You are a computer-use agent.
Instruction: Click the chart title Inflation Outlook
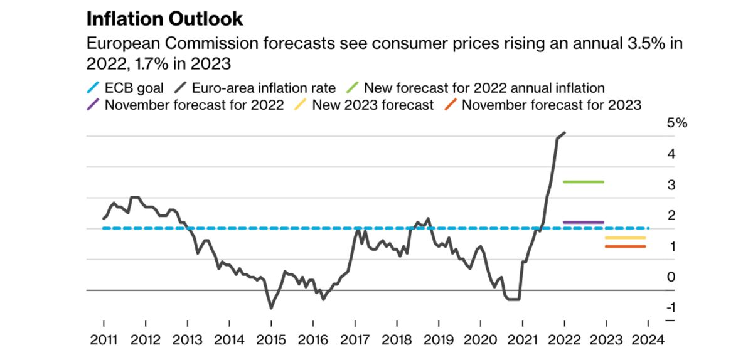coord(164,19)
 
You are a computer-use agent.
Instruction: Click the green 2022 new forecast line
coord(583,182)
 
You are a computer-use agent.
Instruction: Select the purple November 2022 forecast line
coord(583,222)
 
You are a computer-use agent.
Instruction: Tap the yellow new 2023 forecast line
coord(625,238)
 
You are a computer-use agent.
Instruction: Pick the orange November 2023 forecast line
coord(625,246)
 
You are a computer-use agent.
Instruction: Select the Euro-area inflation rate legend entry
coord(264,88)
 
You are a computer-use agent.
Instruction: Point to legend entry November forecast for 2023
coord(551,105)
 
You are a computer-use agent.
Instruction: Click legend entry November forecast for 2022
coord(194,105)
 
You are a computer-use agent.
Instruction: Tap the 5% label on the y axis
coord(677,124)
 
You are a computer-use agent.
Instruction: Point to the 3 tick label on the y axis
coord(671,185)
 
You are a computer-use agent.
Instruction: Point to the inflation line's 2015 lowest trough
coord(271,308)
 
